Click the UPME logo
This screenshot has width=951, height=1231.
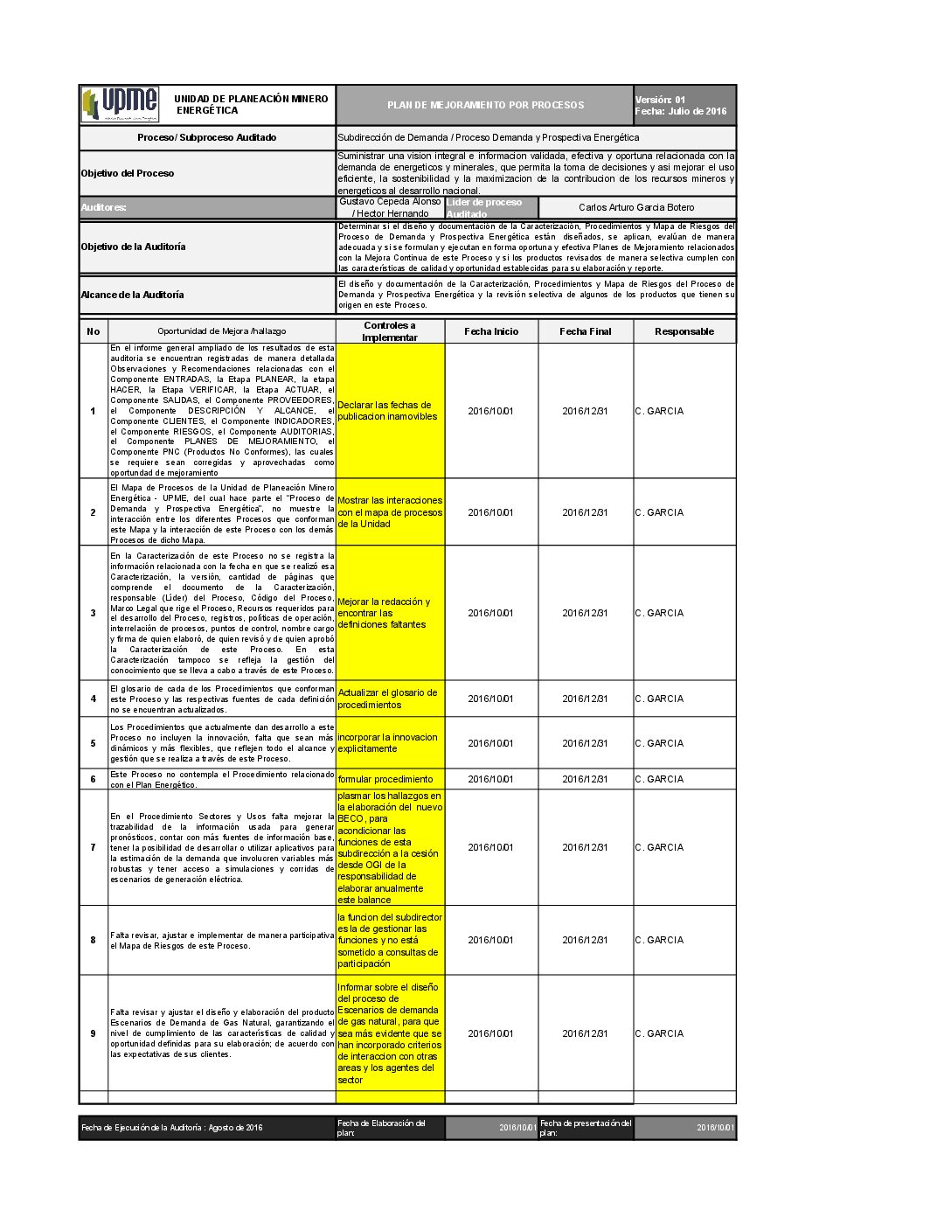coord(121,104)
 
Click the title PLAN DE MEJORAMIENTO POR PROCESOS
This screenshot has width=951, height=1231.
coord(485,105)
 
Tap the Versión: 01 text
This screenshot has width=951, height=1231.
coord(660,100)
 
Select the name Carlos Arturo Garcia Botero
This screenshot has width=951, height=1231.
coord(636,207)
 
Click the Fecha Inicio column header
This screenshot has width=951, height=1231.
coord(491,331)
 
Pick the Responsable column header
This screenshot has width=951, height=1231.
coord(684,331)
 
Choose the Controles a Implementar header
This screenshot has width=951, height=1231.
coord(390,331)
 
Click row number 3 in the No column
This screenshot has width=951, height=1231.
coord(94,613)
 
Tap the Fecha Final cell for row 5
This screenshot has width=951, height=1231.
coord(585,743)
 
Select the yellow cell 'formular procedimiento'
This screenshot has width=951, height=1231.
coord(385,779)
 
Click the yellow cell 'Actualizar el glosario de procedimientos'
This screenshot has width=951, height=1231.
coord(387,699)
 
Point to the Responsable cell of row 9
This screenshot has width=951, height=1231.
coord(659,1033)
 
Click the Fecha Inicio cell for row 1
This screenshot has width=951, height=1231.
coord(490,411)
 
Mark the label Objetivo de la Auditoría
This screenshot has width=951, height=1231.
coord(133,247)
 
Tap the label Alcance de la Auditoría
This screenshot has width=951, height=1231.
coord(132,295)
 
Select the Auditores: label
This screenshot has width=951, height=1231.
coord(104,207)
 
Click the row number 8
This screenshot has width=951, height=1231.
coord(94,940)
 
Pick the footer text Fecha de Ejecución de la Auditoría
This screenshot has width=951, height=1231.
coord(172,1128)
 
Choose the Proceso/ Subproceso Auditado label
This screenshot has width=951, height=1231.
coord(206,137)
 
